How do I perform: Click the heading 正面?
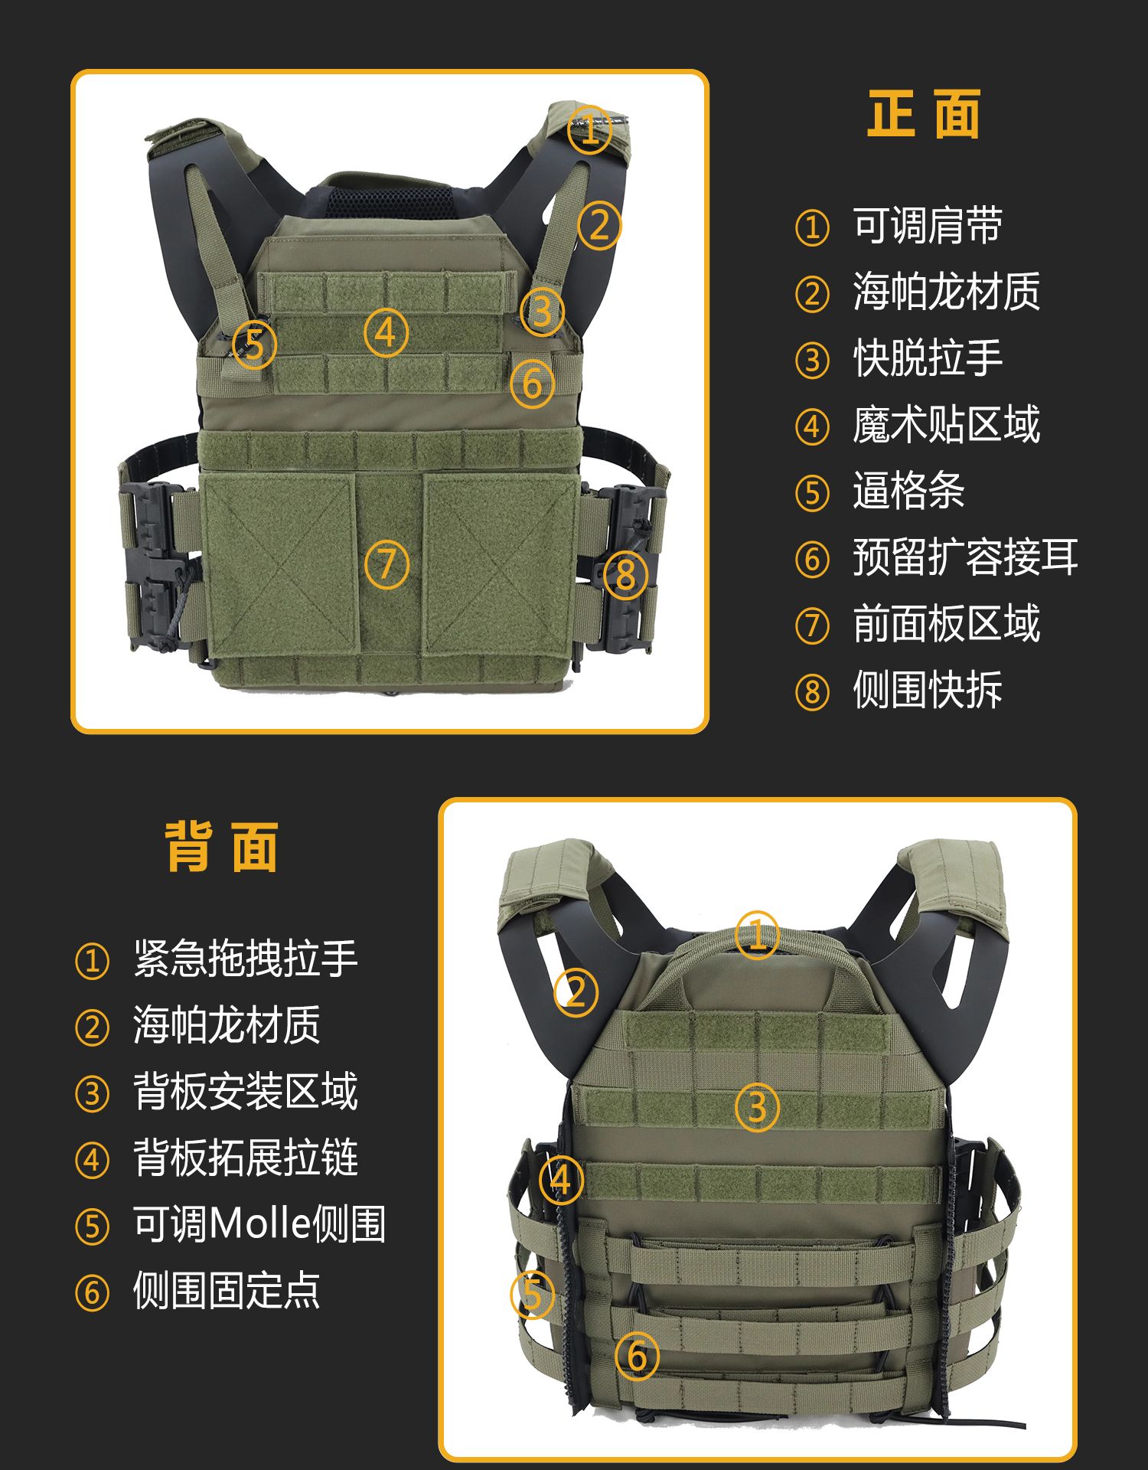924,114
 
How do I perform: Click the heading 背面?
221,848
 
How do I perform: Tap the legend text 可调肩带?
928,226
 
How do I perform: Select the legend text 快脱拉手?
928,358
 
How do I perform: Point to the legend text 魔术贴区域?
947,425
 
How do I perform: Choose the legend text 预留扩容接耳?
966,557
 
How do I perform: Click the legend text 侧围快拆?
928,690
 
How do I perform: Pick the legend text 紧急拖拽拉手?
246,959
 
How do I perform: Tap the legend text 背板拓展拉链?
246,1158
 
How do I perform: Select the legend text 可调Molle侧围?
259,1223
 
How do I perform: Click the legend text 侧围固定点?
227,1290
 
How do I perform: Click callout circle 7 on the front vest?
386,565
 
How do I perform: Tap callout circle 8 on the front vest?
626,575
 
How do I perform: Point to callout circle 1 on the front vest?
589,129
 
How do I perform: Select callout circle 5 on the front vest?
254,345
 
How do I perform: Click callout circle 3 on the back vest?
757,1107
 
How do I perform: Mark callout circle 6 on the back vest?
638,1356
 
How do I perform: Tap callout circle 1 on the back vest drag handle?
757,935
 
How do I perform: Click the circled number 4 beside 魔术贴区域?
812,427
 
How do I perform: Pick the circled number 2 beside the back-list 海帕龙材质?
92,1027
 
